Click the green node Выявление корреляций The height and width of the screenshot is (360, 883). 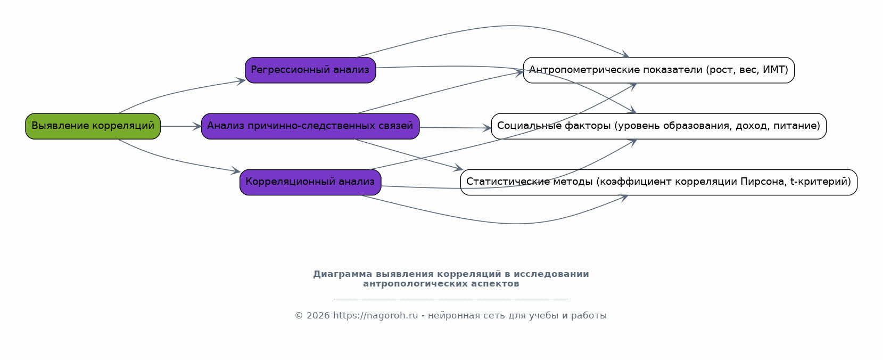(93, 126)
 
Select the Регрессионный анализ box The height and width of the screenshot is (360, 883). (310, 70)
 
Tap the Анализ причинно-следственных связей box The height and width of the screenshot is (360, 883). (310, 126)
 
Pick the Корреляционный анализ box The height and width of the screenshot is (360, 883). (310, 182)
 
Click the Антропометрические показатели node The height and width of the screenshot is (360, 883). (658, 70)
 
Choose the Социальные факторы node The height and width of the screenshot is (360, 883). (658, 126)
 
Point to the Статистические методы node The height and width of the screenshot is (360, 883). (658, 182)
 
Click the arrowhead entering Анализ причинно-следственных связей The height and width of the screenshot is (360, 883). (197, 126)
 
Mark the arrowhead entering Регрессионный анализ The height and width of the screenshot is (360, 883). (241, 81)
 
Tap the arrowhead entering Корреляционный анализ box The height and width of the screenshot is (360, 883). (236, 170)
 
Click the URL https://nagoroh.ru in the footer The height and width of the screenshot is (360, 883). (375, 315)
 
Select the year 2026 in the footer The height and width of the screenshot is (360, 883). (318, 315)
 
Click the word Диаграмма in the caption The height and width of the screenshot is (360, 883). (343, 274)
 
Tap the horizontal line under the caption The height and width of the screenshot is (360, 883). (451, 299)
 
